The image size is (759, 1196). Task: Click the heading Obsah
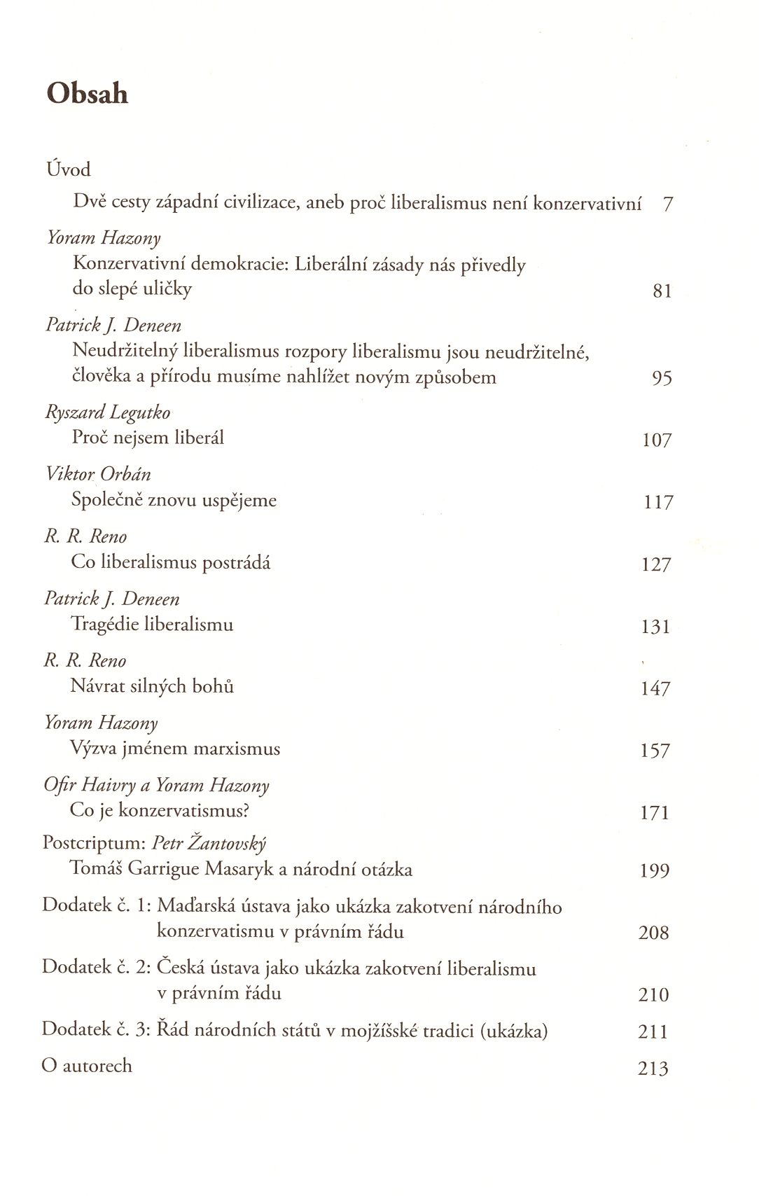(88, 93)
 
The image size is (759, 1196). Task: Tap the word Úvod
(69, 169)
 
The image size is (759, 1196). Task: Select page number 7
(667, 204)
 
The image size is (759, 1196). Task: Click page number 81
(662, 291)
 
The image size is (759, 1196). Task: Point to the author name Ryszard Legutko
(108, 413)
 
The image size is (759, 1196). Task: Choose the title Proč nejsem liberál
(148, 438)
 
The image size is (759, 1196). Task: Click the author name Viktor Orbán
(98, 475)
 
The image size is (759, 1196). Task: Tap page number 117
(658, 503)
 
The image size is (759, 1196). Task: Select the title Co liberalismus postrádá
(171, 563)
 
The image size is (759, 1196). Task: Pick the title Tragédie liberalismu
(152, 625)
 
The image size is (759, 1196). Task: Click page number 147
(655, 689)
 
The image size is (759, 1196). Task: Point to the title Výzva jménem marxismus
(175, 749)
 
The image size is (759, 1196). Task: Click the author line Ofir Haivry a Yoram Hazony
(156, 786)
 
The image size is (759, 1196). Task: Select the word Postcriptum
(94, 843)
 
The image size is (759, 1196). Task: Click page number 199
(655, 871)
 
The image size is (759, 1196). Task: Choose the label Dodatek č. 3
(97, 1030)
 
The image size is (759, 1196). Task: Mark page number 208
(654, 933)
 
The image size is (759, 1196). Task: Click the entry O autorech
(87, 1066)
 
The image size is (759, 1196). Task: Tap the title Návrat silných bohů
(152, 686)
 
